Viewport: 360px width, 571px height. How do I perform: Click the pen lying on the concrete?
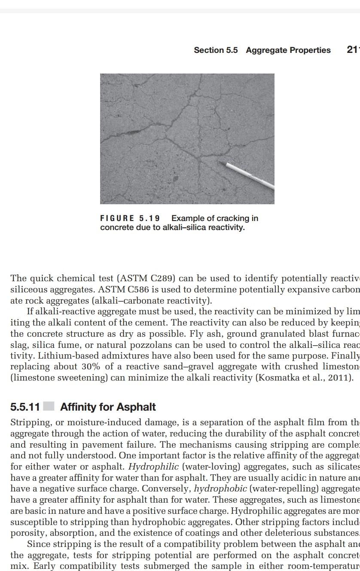[x=249, y=175]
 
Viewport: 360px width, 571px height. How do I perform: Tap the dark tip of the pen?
[x=219, y=162]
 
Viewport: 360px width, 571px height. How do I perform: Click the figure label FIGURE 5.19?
[x=130, y=218]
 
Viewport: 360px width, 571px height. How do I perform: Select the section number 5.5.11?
[x=25, y=407]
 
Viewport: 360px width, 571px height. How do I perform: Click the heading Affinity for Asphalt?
[x=108, y=407]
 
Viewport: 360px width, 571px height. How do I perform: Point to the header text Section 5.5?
[x=216, y=50]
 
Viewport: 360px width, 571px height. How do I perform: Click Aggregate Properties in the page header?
[x=288, y=50]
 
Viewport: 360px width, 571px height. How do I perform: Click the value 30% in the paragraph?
[x=98, y=367]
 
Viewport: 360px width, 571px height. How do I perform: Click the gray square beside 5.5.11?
[x=49, y=406]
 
